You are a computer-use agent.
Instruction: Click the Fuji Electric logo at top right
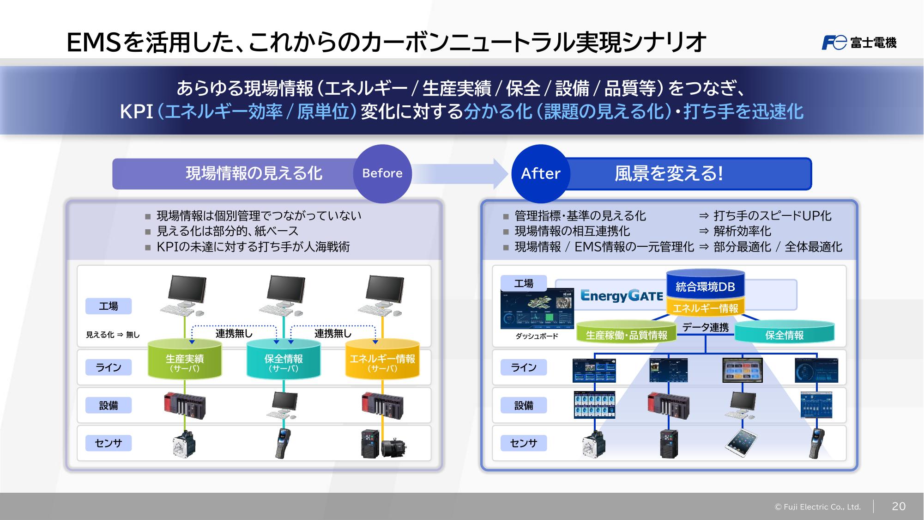point(859,43)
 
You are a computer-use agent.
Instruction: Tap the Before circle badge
point(382,173)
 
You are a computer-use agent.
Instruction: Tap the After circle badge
point(540,173)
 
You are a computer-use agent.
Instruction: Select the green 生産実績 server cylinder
point(185,361)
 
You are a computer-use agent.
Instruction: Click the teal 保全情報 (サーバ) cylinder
point(284,361)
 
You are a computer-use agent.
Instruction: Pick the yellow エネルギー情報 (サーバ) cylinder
point(382,361)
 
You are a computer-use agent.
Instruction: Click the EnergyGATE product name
point(622,296)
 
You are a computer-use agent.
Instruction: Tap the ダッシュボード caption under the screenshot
point(537,336)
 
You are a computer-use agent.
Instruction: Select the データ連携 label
point(705,327)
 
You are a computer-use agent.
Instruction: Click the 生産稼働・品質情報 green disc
point(626,334)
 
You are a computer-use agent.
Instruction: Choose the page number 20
point(899,506)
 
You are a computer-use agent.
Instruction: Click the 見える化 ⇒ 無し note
point(113,335)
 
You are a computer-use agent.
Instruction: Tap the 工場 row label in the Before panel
point(109,306)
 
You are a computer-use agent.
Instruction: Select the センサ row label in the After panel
point(524,443)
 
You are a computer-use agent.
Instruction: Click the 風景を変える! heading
point(668,173)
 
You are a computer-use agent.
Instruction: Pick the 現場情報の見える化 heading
point(254,173)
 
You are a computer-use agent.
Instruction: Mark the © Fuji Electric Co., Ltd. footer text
point(817,507)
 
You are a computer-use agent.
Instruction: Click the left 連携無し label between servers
point(234,333)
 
